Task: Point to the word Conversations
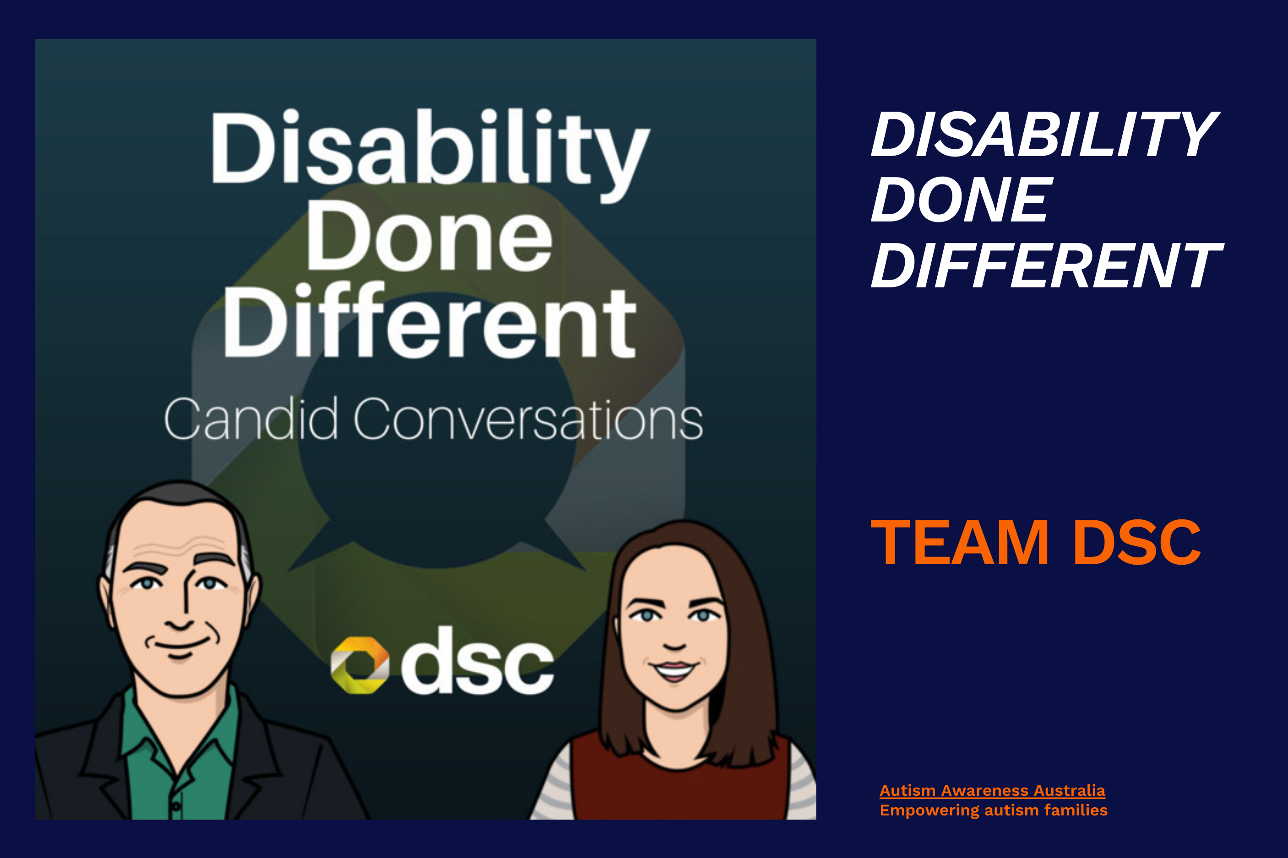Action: (528, 420)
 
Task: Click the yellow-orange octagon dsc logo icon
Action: (359, 665)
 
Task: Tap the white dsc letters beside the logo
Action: (477, 660)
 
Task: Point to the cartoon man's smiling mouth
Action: (179, 645)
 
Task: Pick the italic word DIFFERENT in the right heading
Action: (1046, 265)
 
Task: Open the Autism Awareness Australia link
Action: (992, 791)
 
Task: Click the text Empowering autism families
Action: (994, 810)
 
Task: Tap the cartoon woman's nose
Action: (674, 635)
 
